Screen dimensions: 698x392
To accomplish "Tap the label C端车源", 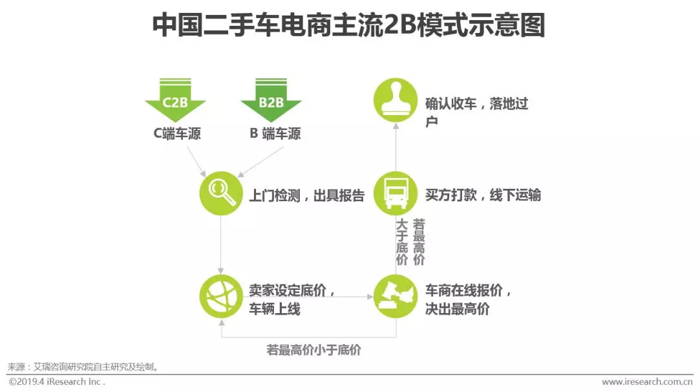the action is pyautogui.click(x=176, y=135).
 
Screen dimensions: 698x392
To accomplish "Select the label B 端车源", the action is pyautogui.click(x=275, y=135).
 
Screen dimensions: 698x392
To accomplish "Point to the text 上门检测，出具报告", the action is pyautogui.click(x=307, y=195).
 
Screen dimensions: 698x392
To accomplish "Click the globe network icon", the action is pyautogui.click(x=221, y=296).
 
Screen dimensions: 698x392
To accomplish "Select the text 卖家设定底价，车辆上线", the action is pyautogui.click(x=292, y=299).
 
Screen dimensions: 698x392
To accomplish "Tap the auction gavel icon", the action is pyautogui.click(x=396, y=296).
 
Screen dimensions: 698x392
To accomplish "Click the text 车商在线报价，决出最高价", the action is pyautogui.click(x=468, y=299).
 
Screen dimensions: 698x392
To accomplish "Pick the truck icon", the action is pyautogui.click(x=396, y=193).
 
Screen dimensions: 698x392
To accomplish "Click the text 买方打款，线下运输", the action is pyautogui.click(x=483, y=195).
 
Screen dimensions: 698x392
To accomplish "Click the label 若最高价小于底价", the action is pyautogui.click(x=314, y=350).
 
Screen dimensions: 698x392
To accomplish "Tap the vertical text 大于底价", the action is pyautogui.click(x=402, y=242).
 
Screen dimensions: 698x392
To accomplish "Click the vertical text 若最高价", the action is pyautogui.click(x=419, y=242).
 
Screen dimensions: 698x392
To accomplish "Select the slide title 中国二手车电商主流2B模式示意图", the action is pyautogui.click(x=349, y=26).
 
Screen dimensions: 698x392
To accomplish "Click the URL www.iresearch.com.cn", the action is pyautogui.click(x=647, y=382).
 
